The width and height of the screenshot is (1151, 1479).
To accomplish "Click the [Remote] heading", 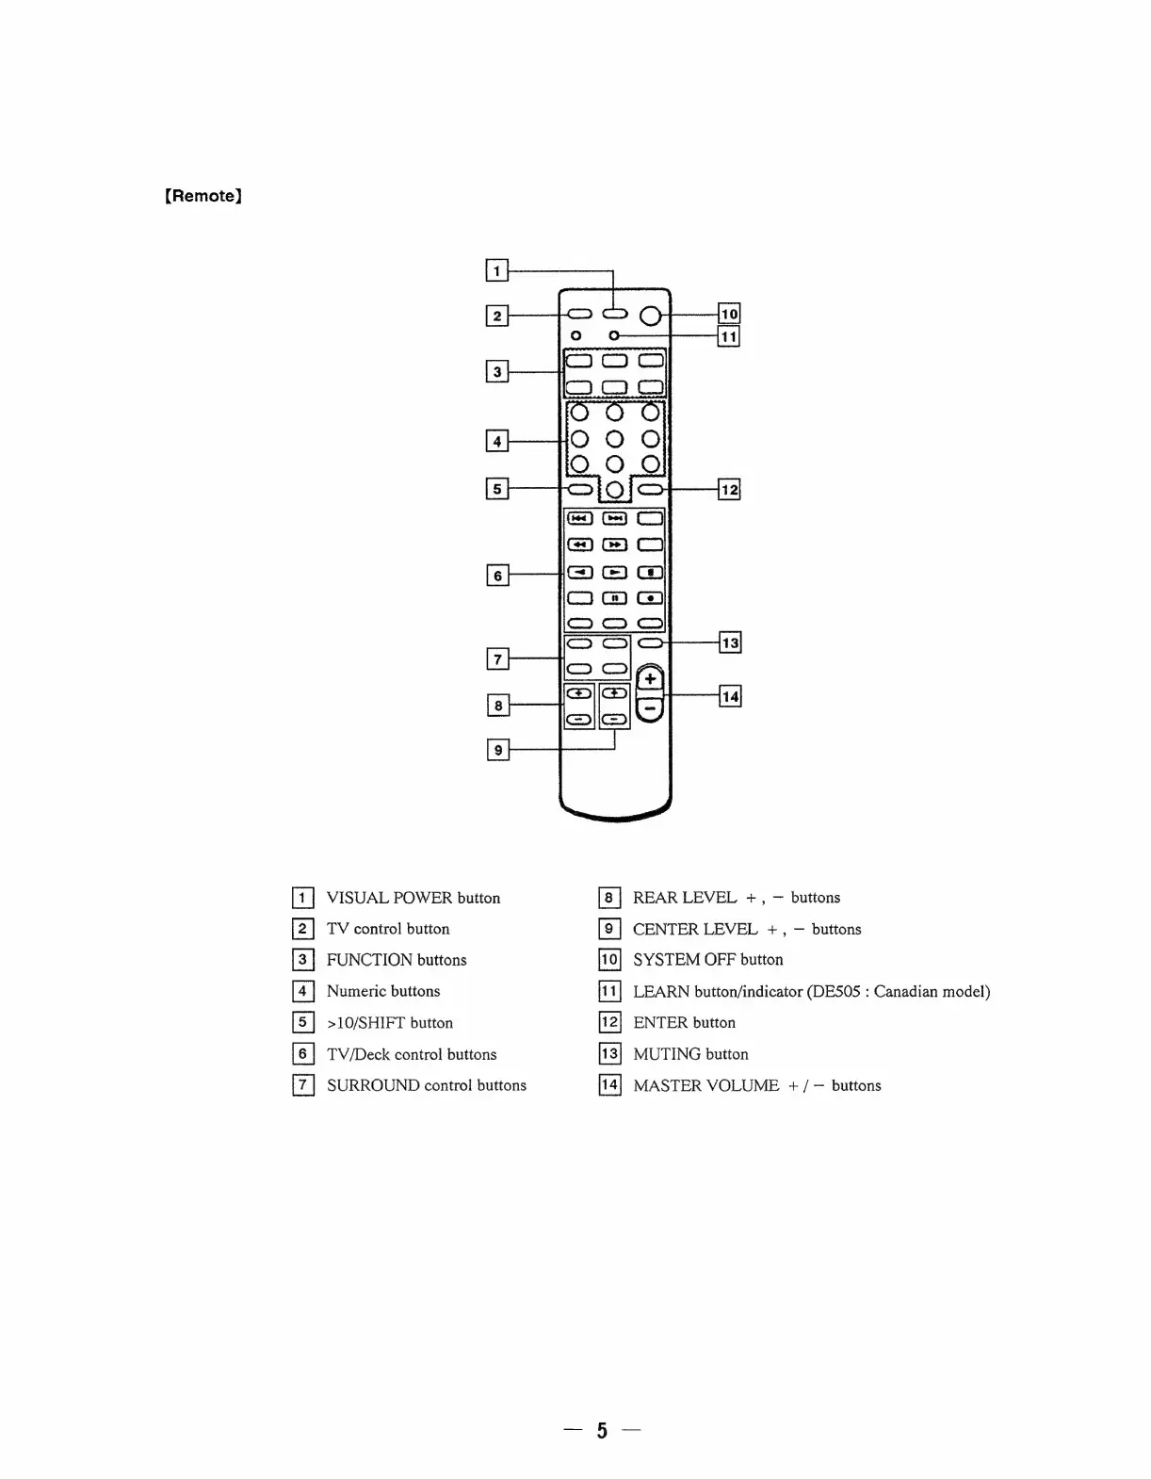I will click(x=203, y=196).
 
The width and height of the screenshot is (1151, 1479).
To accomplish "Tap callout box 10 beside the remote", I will click(x=729, y=314).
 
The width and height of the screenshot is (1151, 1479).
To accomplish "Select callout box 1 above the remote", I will click(x=496, y=270).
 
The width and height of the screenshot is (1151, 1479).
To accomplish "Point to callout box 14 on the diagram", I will click(x=730, y=696).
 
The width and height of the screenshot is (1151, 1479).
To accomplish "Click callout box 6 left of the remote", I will click(x=497, y=575).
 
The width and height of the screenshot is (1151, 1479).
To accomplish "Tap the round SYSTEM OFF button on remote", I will click(x=650, y=316).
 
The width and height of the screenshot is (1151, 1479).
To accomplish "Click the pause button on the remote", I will click(x=614, y=597).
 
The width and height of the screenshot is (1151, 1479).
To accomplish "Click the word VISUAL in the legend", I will click(x=356, y=898).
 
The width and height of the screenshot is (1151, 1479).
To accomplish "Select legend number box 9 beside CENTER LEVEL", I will click(x=609, y=929).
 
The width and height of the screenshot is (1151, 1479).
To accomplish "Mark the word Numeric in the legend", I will click(x=356, y=991).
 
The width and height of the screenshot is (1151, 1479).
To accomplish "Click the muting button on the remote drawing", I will click(x=650, y=643).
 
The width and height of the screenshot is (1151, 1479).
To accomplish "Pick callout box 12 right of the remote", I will click(x=730, y=489).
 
